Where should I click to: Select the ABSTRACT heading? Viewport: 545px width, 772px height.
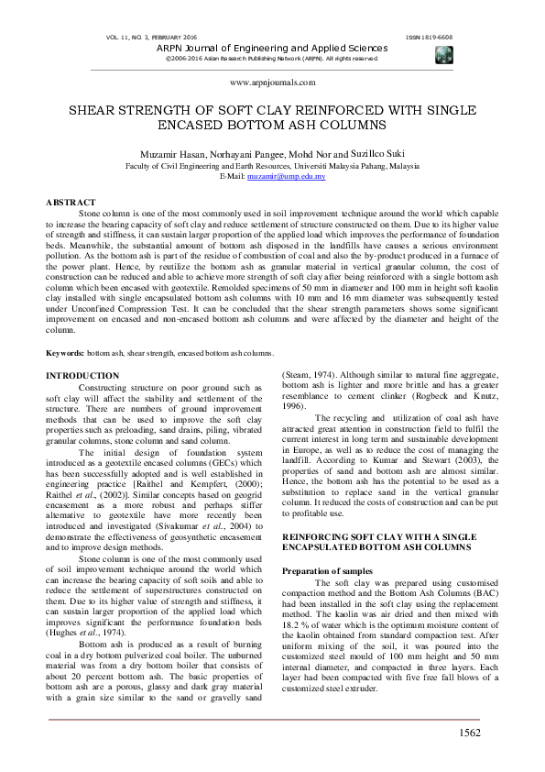tap(71, 202)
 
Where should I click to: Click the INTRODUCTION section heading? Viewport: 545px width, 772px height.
tap(82, 376)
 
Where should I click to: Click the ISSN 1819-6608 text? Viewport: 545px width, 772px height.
tap(428, 37)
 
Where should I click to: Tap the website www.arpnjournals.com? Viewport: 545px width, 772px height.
tap(272, 82)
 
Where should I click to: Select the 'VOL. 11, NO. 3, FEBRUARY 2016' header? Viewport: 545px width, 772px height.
tap(152, 37)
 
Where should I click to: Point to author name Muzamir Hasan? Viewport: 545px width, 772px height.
tap(174, 155)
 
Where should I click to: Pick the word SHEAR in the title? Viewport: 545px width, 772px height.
tap(98, 109)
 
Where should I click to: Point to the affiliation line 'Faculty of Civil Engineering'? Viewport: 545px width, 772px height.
tap(272, 166)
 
